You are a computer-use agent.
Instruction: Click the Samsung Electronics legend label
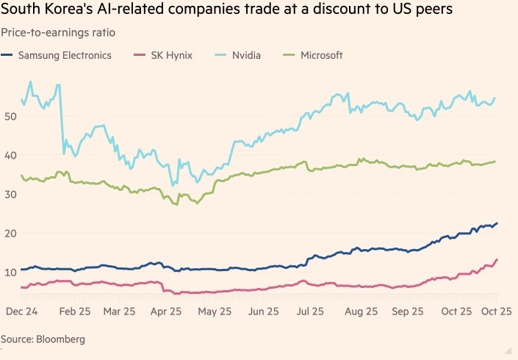(65, 55)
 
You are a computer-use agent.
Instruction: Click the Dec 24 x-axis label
(22, 312)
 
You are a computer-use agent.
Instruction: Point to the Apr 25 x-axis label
(165, 312)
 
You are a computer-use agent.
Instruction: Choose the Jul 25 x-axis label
(310, 312)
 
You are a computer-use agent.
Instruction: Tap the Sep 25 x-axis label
(408, 312)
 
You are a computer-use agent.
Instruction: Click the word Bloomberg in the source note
(61, 339)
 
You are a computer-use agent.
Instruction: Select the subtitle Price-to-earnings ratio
(57, 32)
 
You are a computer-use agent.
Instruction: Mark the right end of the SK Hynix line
(497, 259)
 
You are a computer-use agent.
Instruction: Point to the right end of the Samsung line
(497, 223)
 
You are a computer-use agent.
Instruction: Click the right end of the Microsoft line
(495, 162)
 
